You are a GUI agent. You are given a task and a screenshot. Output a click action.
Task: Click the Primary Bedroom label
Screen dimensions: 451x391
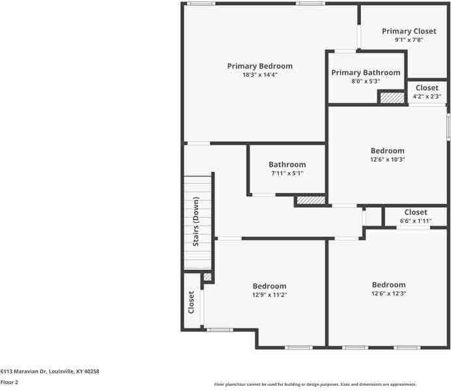(260, 66)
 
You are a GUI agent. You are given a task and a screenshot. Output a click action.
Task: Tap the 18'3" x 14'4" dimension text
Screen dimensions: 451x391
(260, 75)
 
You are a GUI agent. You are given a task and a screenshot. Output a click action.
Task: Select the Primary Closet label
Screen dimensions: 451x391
(409, 31)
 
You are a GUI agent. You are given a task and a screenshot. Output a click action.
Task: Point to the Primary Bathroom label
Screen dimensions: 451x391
(366, 73)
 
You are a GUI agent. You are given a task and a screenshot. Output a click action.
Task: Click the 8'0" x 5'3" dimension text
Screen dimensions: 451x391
(366, 81)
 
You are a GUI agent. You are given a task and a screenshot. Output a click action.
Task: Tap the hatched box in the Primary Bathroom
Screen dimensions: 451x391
(392, 98)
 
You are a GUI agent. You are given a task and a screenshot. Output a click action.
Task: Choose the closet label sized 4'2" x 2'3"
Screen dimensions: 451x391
(427, 88)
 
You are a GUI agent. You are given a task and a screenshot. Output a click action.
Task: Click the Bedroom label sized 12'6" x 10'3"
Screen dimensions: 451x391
(387, 151)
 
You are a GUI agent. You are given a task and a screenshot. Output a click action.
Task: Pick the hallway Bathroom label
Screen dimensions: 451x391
(287, 164)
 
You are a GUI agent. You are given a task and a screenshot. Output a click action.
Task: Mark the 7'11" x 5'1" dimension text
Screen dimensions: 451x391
(287, 173)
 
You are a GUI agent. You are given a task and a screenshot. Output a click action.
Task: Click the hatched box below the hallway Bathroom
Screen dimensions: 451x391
(311, 200)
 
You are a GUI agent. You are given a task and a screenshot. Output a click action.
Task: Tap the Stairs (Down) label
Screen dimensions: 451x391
(196, 222)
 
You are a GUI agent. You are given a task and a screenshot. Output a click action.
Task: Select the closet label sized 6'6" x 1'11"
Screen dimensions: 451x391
(416, 212)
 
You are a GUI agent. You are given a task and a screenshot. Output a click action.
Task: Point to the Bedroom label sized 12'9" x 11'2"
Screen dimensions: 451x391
(270, 286)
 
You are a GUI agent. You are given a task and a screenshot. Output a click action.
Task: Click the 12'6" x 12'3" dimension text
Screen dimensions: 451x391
(388, 293)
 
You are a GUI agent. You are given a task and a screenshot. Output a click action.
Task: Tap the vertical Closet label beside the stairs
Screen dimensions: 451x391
(191, 302)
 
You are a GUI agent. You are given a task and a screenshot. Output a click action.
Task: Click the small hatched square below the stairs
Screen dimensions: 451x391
(207, 277)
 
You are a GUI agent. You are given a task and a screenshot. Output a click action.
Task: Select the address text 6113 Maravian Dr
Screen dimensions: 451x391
(23, 371)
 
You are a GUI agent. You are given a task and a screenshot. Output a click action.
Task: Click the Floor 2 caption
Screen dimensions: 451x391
(9, 382)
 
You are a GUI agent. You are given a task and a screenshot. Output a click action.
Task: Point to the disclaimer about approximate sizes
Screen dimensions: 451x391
(315, 384)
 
